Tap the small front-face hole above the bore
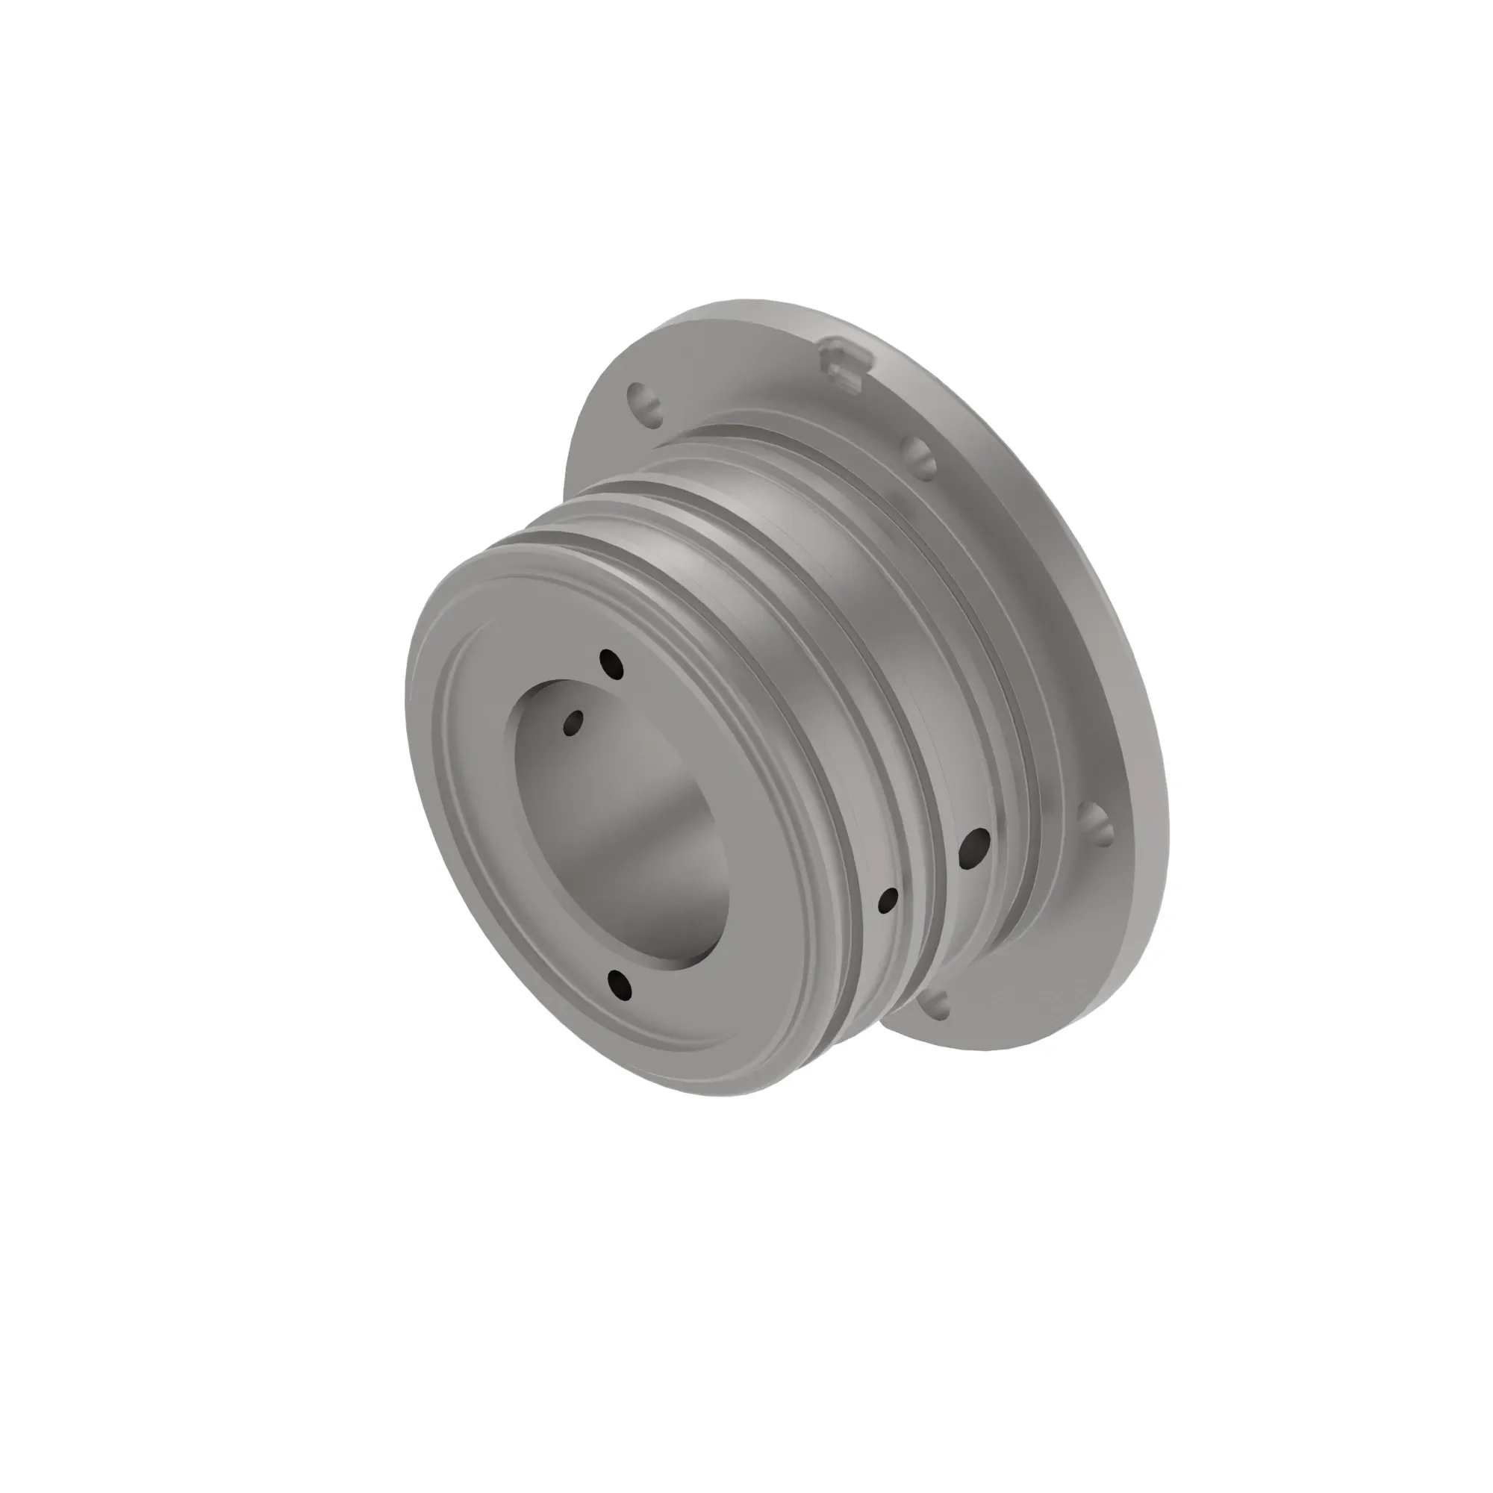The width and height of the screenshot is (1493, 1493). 611,664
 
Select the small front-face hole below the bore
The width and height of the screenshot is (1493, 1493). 620,983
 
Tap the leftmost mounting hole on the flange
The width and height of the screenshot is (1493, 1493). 644,402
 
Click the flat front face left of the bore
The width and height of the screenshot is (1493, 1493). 471,811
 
